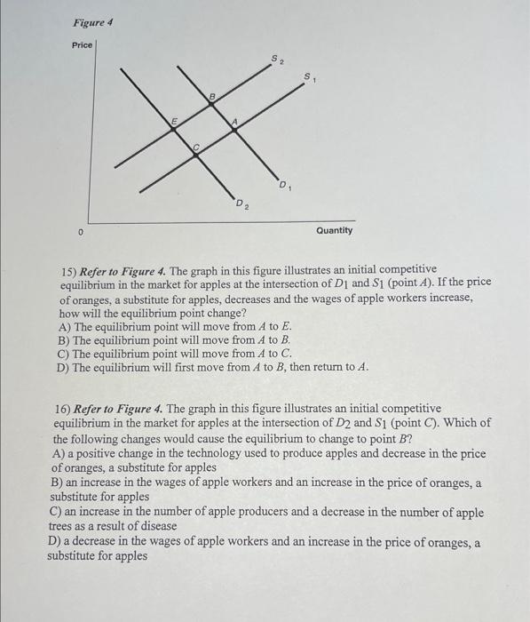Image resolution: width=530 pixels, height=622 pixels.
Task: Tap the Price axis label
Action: click(82, 44)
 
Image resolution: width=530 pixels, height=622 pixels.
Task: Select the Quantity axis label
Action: click(334, 230)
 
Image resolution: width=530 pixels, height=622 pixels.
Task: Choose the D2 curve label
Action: click(241, 206)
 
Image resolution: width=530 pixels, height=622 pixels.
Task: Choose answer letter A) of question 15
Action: click(64, 327)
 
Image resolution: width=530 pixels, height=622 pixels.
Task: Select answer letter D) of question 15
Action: click(63, 367)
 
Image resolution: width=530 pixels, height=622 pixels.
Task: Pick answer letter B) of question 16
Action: click(57, 482)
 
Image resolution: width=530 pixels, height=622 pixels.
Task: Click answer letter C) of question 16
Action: click(56, 513)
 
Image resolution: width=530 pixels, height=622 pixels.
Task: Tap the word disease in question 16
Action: click(158, 526)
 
